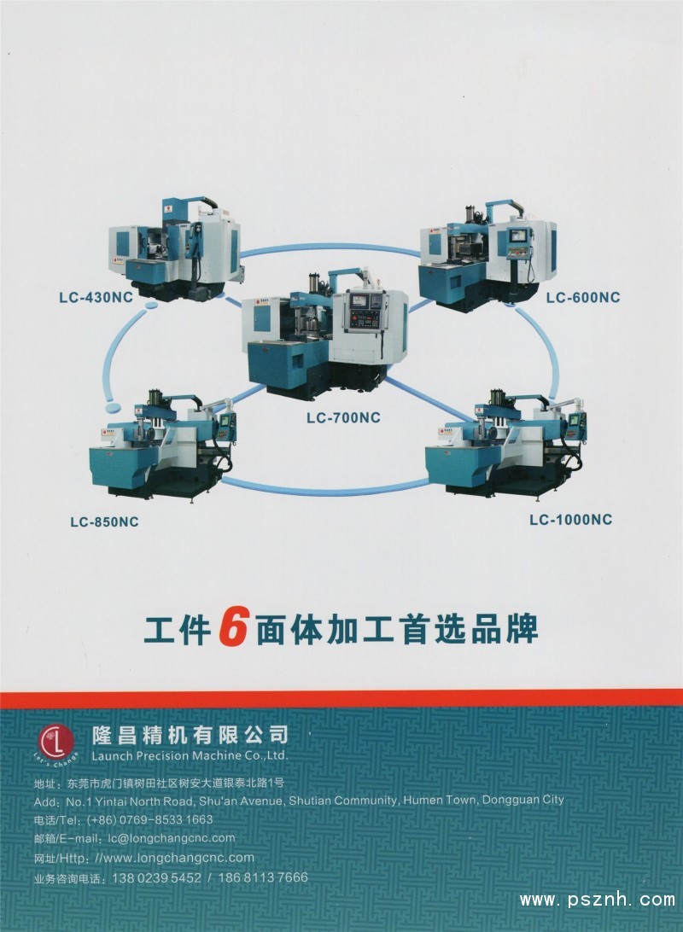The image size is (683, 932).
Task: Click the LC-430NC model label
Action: [96, 297]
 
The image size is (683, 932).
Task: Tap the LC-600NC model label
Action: [583, 297]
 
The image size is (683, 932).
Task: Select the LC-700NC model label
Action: [343, 418]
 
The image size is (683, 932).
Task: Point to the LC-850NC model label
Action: [104, 521]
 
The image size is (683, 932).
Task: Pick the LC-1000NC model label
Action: [570, 520]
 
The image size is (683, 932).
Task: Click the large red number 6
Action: [233, 628]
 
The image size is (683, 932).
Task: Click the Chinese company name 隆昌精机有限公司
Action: [190, 735]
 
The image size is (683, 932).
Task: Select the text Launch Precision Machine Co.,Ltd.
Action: [190, 756]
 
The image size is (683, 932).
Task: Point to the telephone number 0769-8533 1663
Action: [166, 819]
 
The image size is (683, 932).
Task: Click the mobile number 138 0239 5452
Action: [156, 877]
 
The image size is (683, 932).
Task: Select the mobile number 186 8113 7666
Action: [263, 877]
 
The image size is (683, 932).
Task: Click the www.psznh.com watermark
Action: [598, 900]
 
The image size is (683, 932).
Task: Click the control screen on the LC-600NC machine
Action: [517, 236]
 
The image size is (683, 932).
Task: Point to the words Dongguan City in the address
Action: [523, 800]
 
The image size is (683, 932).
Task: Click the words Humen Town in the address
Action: [440, 800]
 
